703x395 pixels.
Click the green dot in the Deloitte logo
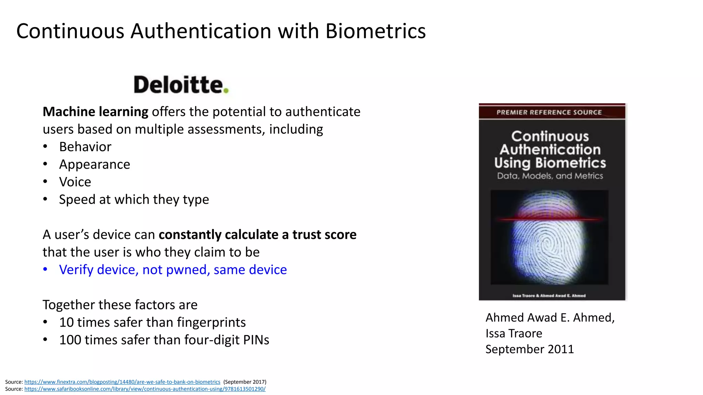[226, 91]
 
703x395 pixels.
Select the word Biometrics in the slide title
[376, 31]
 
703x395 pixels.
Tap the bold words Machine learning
[95, 112]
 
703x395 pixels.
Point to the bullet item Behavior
[85, 147]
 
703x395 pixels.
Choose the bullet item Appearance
[94, 165]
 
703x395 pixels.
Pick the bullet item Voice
[75, 182]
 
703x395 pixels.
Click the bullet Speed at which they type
[134, 200]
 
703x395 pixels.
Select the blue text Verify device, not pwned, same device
[173, 270]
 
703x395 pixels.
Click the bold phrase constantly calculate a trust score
[257, 235]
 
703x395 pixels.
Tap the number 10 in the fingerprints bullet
[67, 323]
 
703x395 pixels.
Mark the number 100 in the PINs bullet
[70, 340]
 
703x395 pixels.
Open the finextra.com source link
[122, 382]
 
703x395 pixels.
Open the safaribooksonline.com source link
[145, 389]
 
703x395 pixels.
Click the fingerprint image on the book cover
[549, 240]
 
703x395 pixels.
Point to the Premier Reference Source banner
[549, 112]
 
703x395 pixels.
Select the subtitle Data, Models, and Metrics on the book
[550, 176]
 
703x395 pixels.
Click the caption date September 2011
[529, 349]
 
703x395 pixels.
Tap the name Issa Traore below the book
[514, 334]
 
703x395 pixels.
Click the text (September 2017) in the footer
[245, 382]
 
